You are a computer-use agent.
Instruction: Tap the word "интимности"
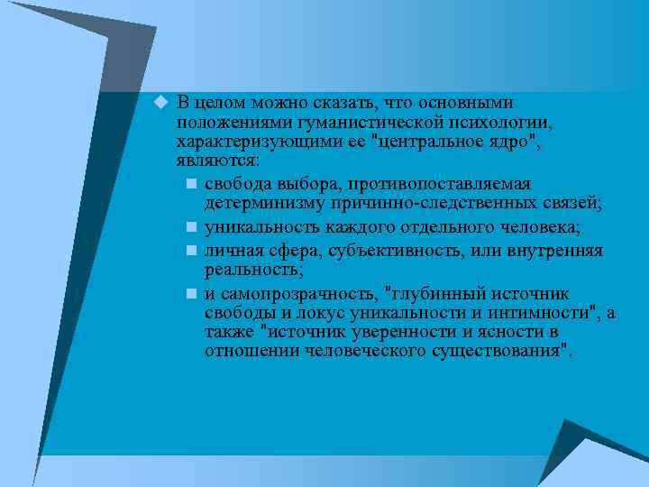[x=547, y=313]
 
